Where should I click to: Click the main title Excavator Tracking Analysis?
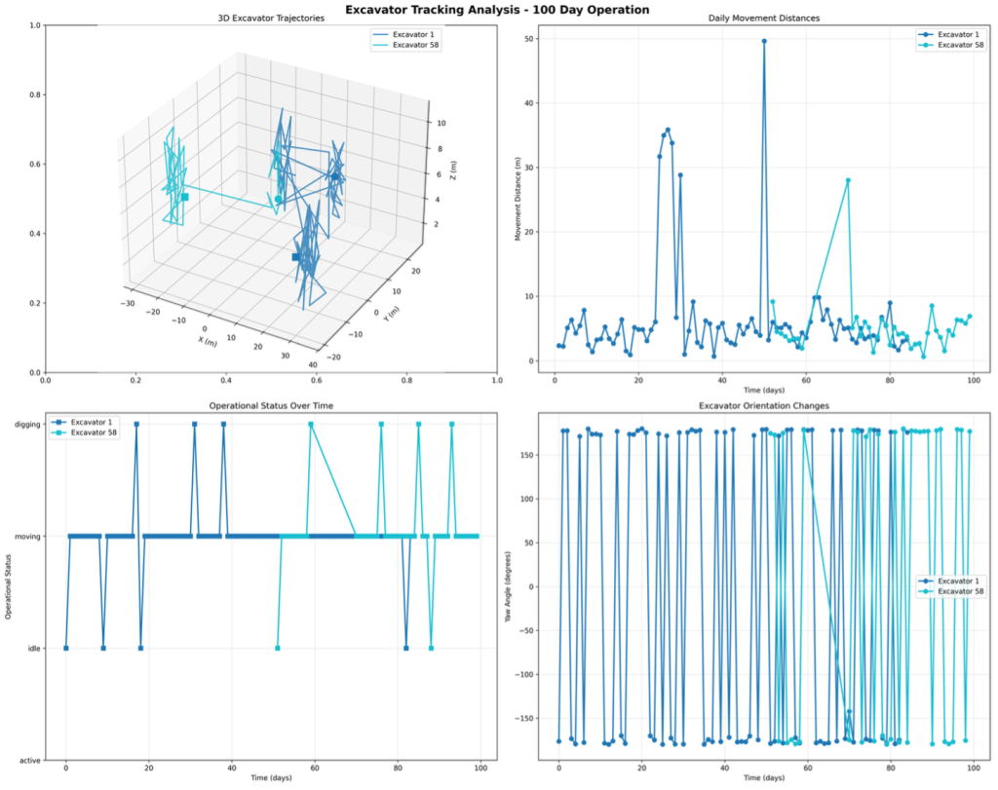(x=498, y=10)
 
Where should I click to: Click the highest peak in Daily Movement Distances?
(x=764, y=41)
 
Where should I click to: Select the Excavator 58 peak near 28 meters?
(x=848, y=180)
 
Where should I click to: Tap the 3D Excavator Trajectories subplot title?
(x=271, y=19)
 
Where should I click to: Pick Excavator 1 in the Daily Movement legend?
(x=958, y=34)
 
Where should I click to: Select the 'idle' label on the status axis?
(x=29, y=648)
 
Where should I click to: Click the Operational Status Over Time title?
(x=271, y=404)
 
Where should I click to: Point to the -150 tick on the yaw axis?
(x=526, y=718)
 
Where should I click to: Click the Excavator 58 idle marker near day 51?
(x=278, y=648)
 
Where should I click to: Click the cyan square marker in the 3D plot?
(x=184, y=197)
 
